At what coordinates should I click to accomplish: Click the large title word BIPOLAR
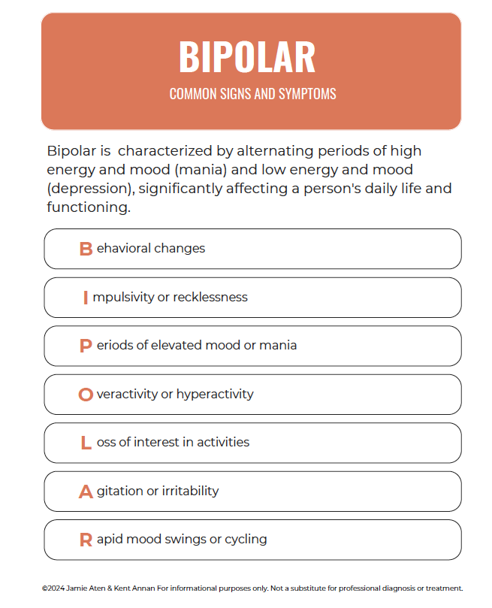click(247, 56)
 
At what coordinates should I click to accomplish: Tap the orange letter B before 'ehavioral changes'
click(86, 249)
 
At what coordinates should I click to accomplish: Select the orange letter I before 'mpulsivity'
click(86, 298)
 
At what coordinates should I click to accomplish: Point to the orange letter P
click(86, 346)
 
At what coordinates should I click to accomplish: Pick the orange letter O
click(86, 395)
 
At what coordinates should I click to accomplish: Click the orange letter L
click(86, 443)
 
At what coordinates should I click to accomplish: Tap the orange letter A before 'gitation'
click(86, 492)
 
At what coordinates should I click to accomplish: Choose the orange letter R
click(86, 540)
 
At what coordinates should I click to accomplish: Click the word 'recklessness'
click(210, 297)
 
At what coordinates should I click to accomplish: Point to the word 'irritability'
click(191, 491)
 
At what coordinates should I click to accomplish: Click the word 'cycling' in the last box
click(245, 540)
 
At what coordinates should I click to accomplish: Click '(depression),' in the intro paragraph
click(90, 188)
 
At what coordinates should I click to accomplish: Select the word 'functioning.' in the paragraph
click(89, 207)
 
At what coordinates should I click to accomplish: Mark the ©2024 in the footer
click(56, 588)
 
